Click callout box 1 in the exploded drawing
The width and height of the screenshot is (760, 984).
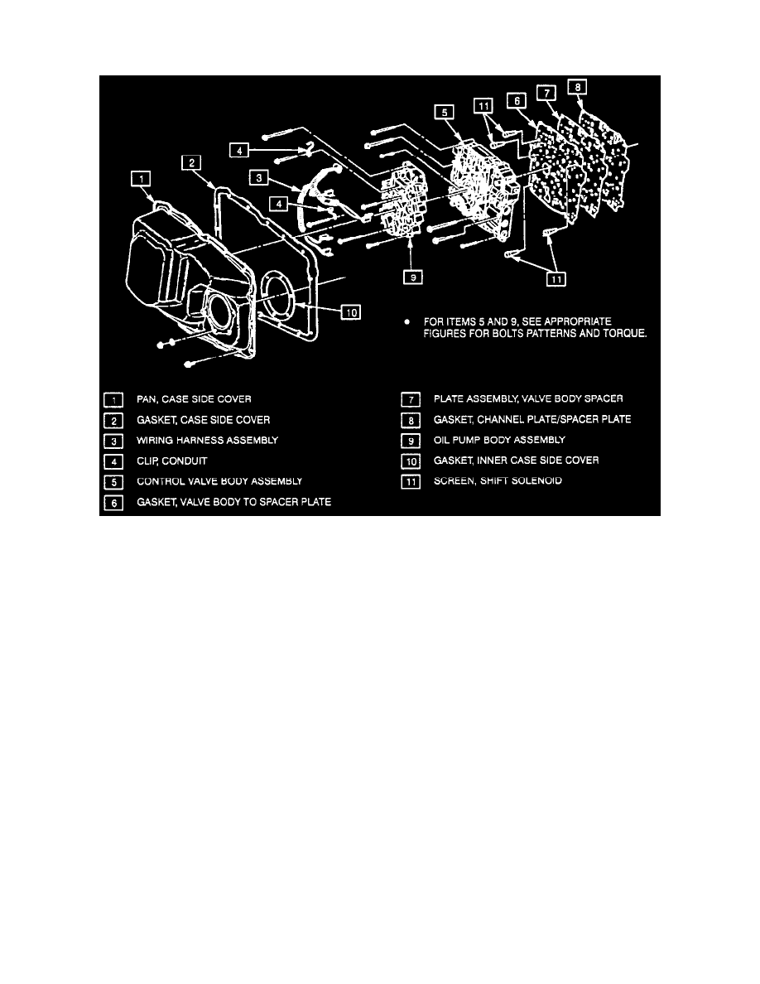pyautogui.click(x=142, y=177)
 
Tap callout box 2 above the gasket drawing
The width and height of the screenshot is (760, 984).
pyautogui.click(x=192, y=164)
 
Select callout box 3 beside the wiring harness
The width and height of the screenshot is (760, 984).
pyautogui.click(x=259, y=177)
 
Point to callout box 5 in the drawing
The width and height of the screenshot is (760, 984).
pyautogui.click(x=445, y=110)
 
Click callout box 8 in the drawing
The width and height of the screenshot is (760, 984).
pyautogui.click(x=577, y=84)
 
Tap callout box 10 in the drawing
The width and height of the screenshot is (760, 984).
pyautogui.click(x=351, y=312)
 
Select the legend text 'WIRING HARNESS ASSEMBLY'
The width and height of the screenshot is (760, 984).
pyautogui.click(x=207, y=440)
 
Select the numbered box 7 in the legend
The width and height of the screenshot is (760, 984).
pyautogui.click(x=411, y=400)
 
